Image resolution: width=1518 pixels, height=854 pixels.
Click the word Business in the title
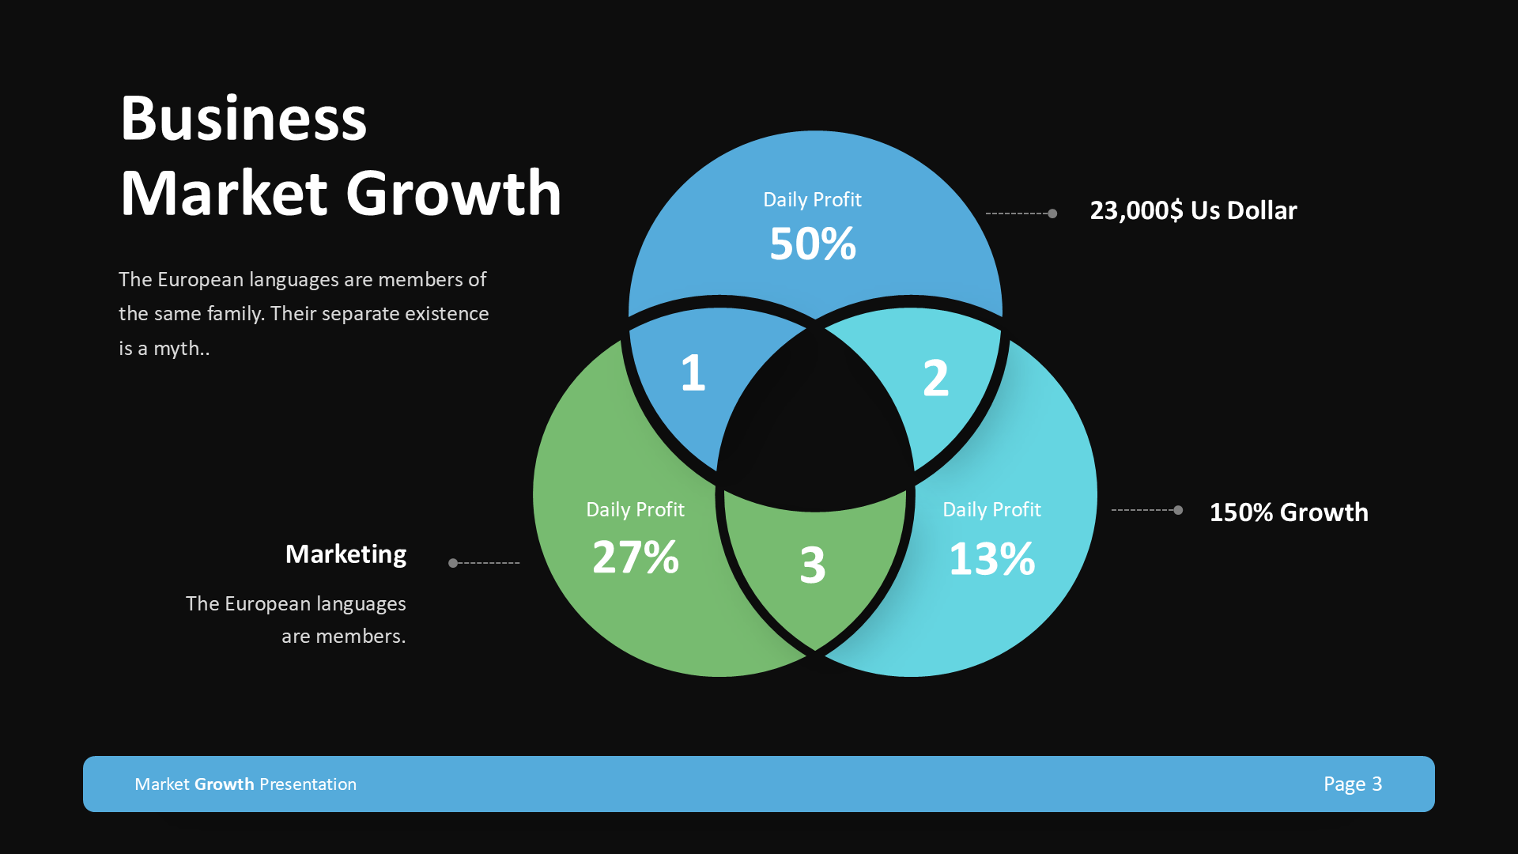[x=244, y=119]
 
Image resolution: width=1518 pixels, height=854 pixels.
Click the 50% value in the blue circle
[x=813, y=244]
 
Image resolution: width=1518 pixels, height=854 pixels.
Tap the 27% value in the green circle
[x=636, y=557]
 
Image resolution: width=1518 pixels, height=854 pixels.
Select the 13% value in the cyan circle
[x=991, y=558]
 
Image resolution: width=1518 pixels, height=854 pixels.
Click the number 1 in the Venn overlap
[x=693, y=372]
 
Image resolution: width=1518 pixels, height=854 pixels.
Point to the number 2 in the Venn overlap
[x=935, y=378]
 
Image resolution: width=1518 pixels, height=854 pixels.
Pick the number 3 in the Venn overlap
[x=813, y=565]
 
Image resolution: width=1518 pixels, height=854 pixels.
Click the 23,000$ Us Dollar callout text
[x=1193, y=210]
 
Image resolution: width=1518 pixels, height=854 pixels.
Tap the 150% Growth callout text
[x=1289, y=512]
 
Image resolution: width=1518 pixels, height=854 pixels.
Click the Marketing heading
[x=346, y=554]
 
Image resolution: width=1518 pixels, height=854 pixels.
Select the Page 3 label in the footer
[x=1353, y=784]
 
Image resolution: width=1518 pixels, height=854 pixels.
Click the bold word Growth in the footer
[x=225, y=784]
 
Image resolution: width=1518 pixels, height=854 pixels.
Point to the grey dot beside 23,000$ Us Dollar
[x=1052, y=213]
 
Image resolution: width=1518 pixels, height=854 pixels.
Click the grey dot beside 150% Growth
[x=1178, y=510]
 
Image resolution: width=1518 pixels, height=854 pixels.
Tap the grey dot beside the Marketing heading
[x=453, y=563]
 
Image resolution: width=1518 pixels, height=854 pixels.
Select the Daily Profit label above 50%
[x=812, y=200]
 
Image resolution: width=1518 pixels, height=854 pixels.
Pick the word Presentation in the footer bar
[x=308, y=784]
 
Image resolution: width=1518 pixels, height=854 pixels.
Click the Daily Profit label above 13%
[x=991, y=510]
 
